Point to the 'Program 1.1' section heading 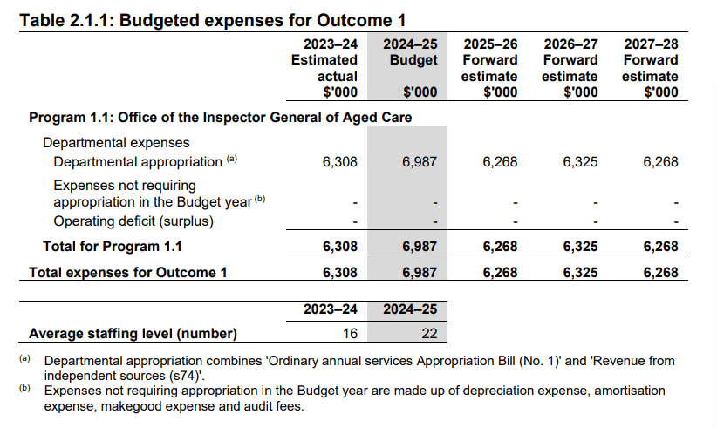(x=220, y=117)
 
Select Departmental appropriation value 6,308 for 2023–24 (x=339, y=161)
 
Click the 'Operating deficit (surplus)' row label (x=133, y=221)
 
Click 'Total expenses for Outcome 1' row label (x=128, y=273)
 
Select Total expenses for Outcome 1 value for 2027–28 (x=660, y=273)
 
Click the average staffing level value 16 (x=349, y=333)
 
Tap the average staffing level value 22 (x=428, y=333)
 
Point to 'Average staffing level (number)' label (x=133, y=333)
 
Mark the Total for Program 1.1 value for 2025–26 (x=500, y=247)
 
